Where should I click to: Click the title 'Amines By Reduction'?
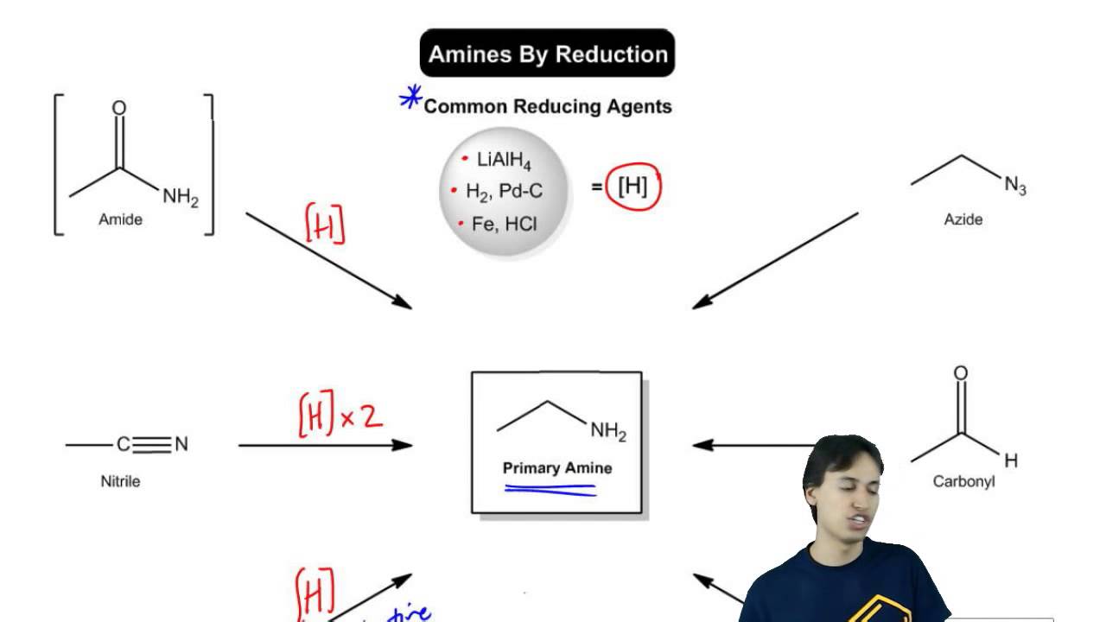(x=547, y=54)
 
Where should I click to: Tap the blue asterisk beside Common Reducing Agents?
(x=410, y=99)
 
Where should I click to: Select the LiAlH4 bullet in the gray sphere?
(x=504, y=161)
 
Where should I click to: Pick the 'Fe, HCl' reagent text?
(x=504, y=224)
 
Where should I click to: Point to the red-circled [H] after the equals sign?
(x=632, y=187)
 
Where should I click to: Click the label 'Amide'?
(x=120, y=219)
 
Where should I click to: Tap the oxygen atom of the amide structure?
(x=119, y=109)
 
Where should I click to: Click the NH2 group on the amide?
(x=180, y=198)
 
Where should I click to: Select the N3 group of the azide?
(x=1014, y=185)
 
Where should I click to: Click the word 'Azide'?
(x=963, y=219)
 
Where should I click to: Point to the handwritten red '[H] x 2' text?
(x=340, y=418)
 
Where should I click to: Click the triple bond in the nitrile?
(x=152, y=445)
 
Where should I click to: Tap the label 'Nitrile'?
(x=120, y=481)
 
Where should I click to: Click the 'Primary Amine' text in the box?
(x=557, y=468)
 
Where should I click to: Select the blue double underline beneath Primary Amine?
(x=550, y=491)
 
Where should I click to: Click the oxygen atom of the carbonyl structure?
(x=960, y=374)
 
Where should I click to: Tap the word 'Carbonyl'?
(x=963, y=481)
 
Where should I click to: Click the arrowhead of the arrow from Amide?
(x=401, y=301)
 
